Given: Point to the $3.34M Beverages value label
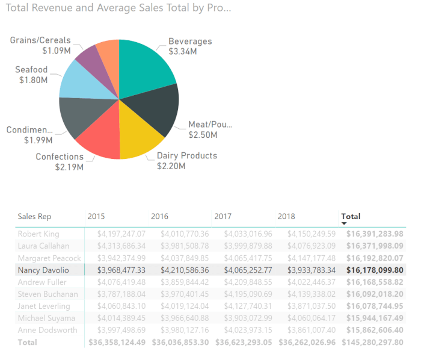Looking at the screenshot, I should [183, 52].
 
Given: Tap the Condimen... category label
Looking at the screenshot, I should [29, 130].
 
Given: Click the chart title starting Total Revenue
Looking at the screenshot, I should [118, 8].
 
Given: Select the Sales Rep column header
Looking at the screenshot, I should [34, 216].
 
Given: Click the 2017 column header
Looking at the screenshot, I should [223, 216].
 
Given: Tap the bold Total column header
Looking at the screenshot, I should [351, 216].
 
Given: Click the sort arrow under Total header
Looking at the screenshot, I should [344, 223].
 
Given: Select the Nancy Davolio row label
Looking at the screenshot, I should [43, 270].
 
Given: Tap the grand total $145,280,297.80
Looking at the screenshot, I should [372, 343].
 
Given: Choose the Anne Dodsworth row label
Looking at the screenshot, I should [48, 331].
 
